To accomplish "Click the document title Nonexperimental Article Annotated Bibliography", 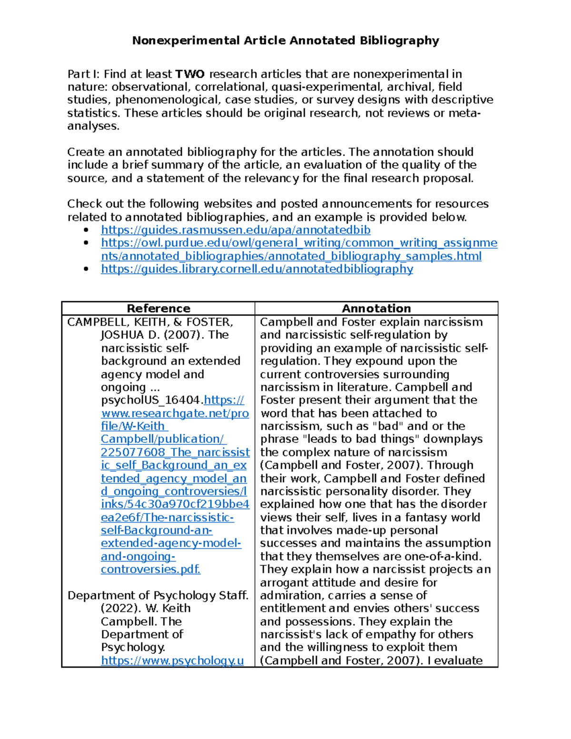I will click(285, 40).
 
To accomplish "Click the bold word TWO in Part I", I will click(190, 74).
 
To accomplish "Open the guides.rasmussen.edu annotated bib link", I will click(236, 230).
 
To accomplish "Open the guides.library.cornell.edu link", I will click(257, 269).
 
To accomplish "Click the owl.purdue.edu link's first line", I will click(299, 243).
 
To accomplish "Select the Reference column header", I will click(158, 308).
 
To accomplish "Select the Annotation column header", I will click(376, 308).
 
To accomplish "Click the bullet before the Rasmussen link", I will click(86, 230).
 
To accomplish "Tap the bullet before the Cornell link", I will click(86, 269).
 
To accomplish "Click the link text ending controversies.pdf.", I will click(150, 569).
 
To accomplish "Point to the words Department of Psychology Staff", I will click(158, 595).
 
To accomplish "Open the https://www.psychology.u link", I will click(172, 660).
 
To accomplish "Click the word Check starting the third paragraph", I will click(84, 204).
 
